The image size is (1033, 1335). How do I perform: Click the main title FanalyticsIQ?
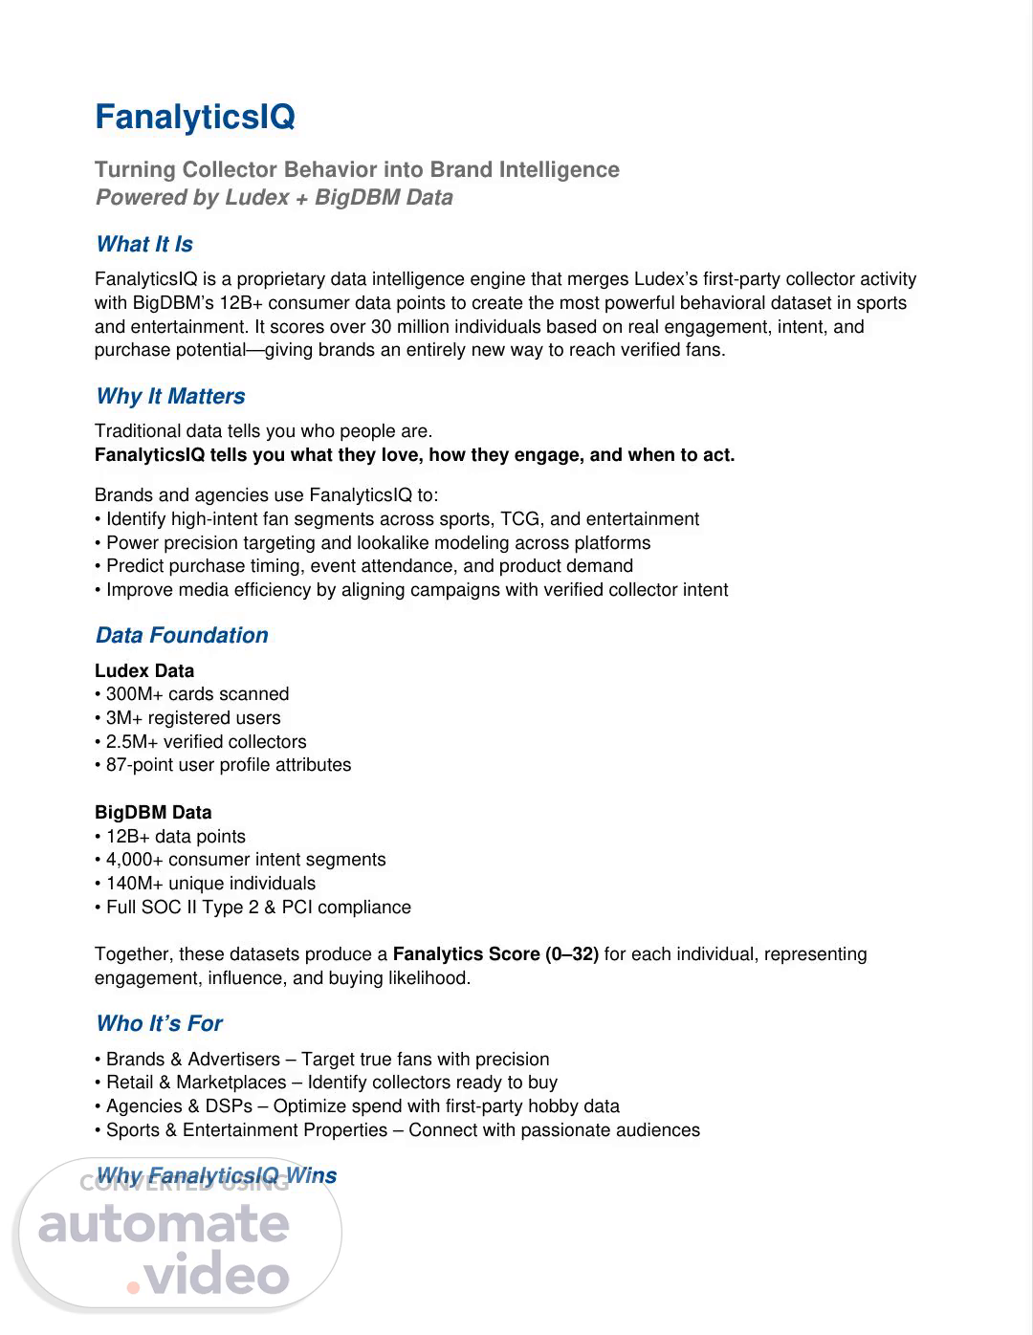[194, 118]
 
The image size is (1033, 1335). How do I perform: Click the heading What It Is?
[144, 244]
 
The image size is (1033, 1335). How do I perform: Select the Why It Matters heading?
[170, 396]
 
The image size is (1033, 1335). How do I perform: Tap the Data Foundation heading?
[182, 635]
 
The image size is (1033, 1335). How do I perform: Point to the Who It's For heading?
[159, 1023]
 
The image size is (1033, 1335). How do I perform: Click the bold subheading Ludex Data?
[144, 670]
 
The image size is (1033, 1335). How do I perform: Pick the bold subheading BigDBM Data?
[153, 812]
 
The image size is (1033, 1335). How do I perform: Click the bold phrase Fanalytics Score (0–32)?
[495, 954]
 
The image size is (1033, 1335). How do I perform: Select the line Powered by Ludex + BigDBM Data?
[274, 198]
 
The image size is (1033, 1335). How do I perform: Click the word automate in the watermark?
[164, 1225]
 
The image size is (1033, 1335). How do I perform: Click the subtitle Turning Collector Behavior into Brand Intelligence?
[357, 170]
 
